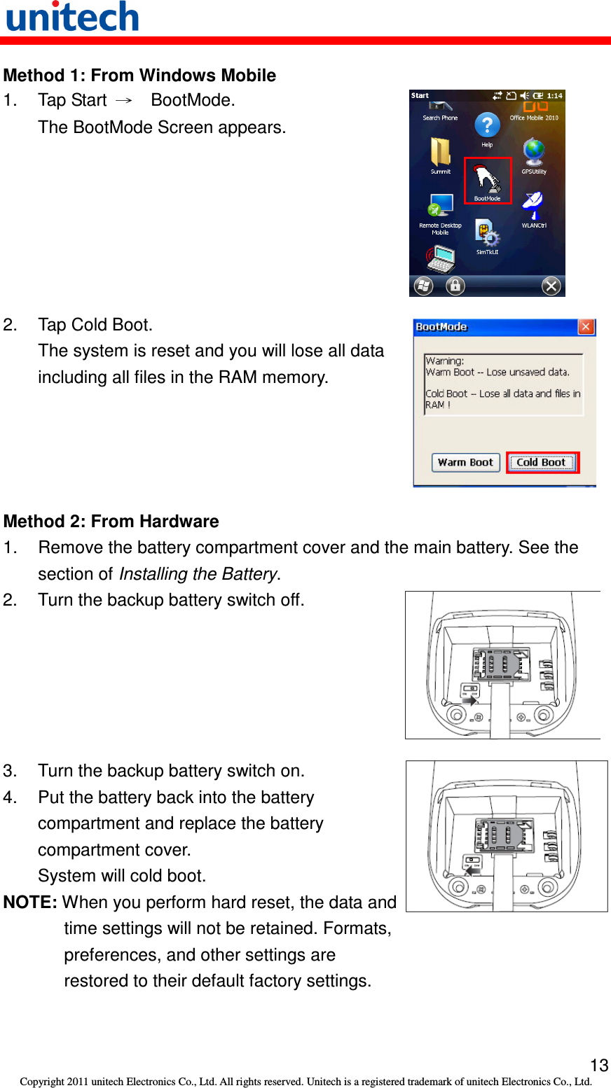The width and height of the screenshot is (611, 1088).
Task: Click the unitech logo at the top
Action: point(72,17)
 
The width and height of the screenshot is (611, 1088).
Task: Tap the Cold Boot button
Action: point(542,462)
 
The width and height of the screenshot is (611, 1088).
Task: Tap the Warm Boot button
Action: point(465,462)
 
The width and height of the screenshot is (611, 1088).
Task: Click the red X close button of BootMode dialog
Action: point(586,327)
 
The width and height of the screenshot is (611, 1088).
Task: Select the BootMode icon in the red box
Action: point(488,179)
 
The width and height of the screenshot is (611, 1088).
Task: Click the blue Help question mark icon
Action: point(487,126)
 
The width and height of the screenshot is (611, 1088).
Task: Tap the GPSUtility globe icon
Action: point(534,152)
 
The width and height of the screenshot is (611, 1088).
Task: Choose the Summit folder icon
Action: point(440,152)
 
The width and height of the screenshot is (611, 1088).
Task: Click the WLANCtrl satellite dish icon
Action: point(533,206)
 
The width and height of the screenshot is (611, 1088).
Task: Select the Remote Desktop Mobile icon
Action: point(441,207)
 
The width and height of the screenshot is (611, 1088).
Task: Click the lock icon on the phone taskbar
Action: point(455,286)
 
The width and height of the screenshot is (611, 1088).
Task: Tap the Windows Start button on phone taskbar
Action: point(423,286)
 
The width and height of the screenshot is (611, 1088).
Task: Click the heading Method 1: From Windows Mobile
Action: point(139,76)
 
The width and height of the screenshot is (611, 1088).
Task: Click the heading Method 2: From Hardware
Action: point(111,522)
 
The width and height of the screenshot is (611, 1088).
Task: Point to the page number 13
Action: point(599,1066)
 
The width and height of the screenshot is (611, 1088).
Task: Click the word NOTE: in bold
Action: point(30,902)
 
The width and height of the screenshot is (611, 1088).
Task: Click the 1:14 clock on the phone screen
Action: point(554,96)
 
